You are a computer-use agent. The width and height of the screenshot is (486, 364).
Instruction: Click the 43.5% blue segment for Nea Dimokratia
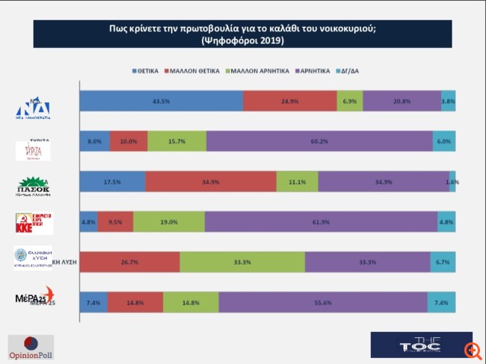(x=161, y=101)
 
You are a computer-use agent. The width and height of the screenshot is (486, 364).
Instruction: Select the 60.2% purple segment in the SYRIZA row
(x=319, y=141)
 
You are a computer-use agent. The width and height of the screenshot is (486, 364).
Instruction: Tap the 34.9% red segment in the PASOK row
(x=211, y=182)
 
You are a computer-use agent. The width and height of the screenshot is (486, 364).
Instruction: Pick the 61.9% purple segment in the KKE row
(x=321, y=221)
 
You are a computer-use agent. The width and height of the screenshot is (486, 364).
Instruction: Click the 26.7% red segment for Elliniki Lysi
(x=129, y=262)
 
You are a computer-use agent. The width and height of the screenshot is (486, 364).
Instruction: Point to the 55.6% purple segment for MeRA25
(x=322, y=302)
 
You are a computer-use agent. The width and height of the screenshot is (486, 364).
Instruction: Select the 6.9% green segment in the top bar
(x=349, y=101)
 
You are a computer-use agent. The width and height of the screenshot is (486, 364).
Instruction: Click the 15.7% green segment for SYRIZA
(x=176, y=141)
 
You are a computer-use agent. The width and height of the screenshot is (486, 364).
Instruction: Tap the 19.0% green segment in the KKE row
(x=169, y=221)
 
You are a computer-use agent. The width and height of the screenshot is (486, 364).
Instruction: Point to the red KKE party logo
(x=34, y=222)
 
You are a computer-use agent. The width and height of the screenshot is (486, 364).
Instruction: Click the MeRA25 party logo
(x=35, y=297)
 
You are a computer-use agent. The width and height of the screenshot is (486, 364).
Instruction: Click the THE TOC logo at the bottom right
(x=421, y=345)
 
